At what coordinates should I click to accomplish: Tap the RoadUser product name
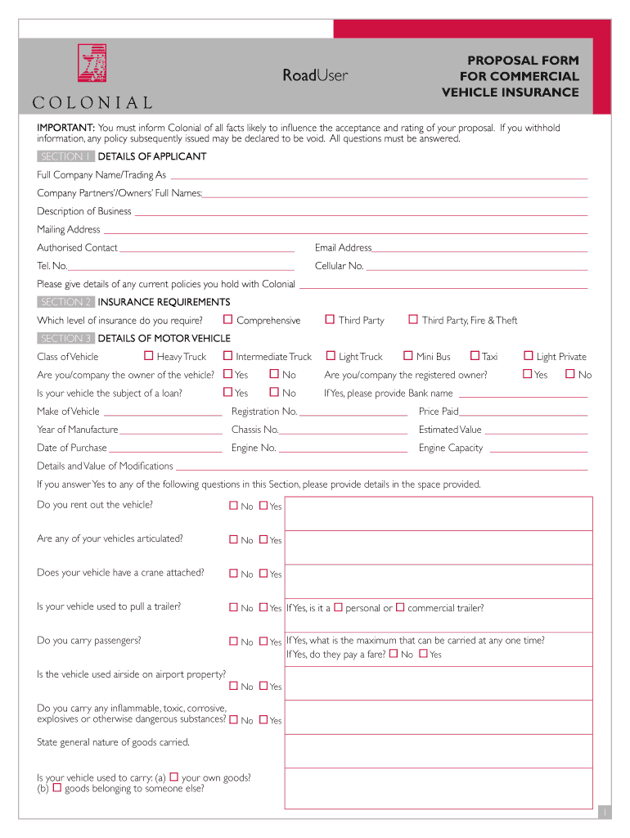pos(315,75)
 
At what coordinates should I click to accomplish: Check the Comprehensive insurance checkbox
pos(228,319)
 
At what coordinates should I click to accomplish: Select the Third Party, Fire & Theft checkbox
pos(413,319)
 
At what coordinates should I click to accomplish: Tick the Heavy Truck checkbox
pos(148,355)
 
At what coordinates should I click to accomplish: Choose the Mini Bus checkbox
pos(407,355)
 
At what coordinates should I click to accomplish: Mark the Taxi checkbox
pos(475,355)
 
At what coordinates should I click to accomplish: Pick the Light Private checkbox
pos(529,355)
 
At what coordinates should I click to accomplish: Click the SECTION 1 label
pos(65,156)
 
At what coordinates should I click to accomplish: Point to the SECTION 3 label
pos(65,338)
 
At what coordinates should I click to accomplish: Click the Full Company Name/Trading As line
pos(378,177)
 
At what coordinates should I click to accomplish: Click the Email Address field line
pos(479,250)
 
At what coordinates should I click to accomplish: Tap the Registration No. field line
pos(353,416)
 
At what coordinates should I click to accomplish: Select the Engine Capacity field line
pos(537,452)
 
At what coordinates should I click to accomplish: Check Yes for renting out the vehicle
pos(263,506)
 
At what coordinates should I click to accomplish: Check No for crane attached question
pos(234,574)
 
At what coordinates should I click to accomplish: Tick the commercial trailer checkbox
pos(401,607)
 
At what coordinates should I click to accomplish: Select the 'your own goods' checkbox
pos(173,777)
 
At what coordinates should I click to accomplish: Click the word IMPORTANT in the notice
pos(65,128)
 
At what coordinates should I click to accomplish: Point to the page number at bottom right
pos(604,811)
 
